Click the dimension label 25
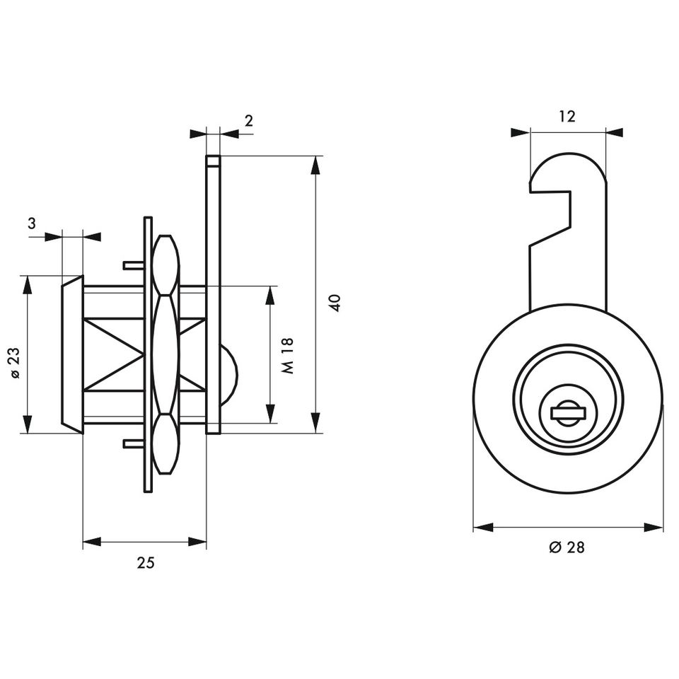click(146, 562)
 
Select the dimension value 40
click(335, 303)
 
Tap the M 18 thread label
click(287, 356)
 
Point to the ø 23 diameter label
click(14, 363)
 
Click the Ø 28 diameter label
click(567, 547)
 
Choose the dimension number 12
click(567, 116)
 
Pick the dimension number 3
click(32, 224)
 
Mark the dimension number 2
click(248, 121)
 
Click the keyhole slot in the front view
click(568, 414)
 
